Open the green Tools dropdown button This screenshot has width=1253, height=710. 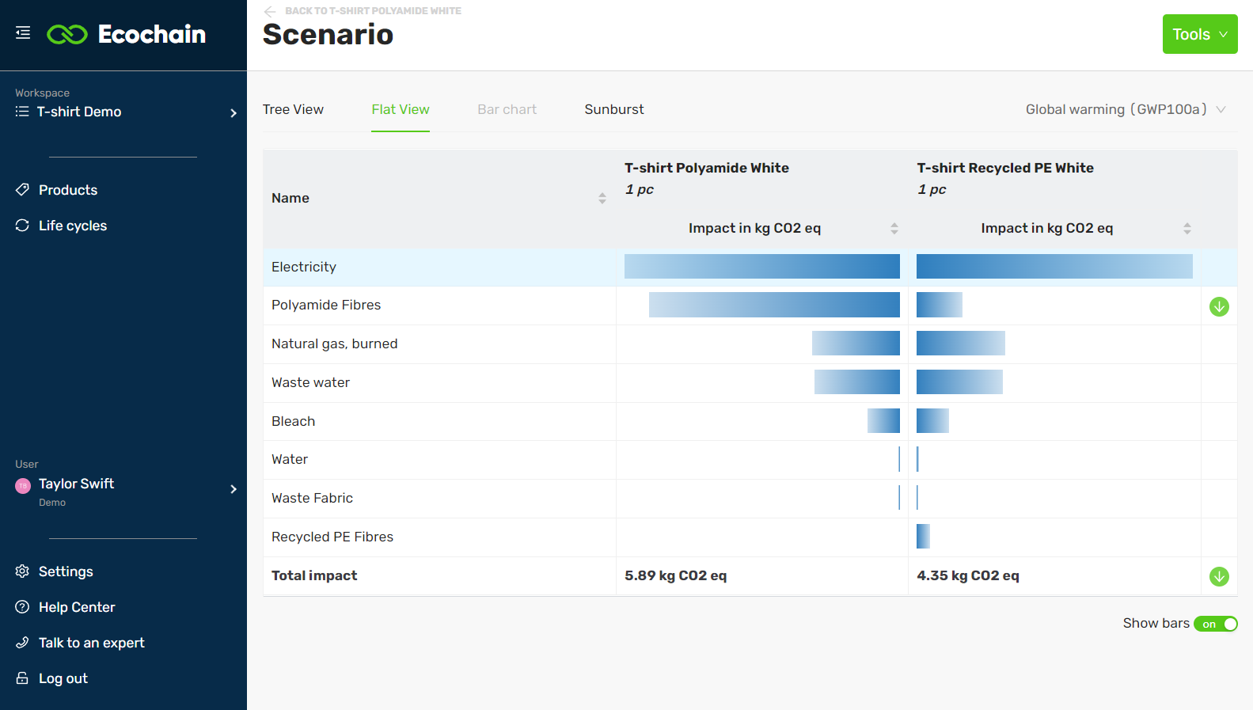pos(1199,34)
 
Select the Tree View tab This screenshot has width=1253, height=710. pos(293,109)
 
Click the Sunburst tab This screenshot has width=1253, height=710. pos(613,109)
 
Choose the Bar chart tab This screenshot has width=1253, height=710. pos(507,109)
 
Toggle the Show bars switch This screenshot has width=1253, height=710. pos(1215,624)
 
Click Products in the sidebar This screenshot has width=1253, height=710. pos(68,190)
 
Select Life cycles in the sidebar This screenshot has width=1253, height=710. pos(72,226)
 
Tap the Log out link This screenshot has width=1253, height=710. pos(63,678)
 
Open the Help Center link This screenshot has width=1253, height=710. pos(76,607)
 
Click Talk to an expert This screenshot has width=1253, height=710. pos(91,643)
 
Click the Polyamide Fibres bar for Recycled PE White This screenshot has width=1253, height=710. pos(939,305)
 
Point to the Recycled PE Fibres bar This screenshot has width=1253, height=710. pos(923,536)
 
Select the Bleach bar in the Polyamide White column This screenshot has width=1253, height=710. pos(883,420)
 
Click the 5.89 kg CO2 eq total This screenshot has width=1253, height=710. pos(675,575)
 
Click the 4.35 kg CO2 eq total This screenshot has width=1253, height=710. pos(967,575)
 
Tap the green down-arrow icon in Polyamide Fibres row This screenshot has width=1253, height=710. pos(1219,306)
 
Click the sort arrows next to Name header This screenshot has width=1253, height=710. pos(602,198)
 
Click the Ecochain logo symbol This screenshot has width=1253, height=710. pos(67,34)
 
